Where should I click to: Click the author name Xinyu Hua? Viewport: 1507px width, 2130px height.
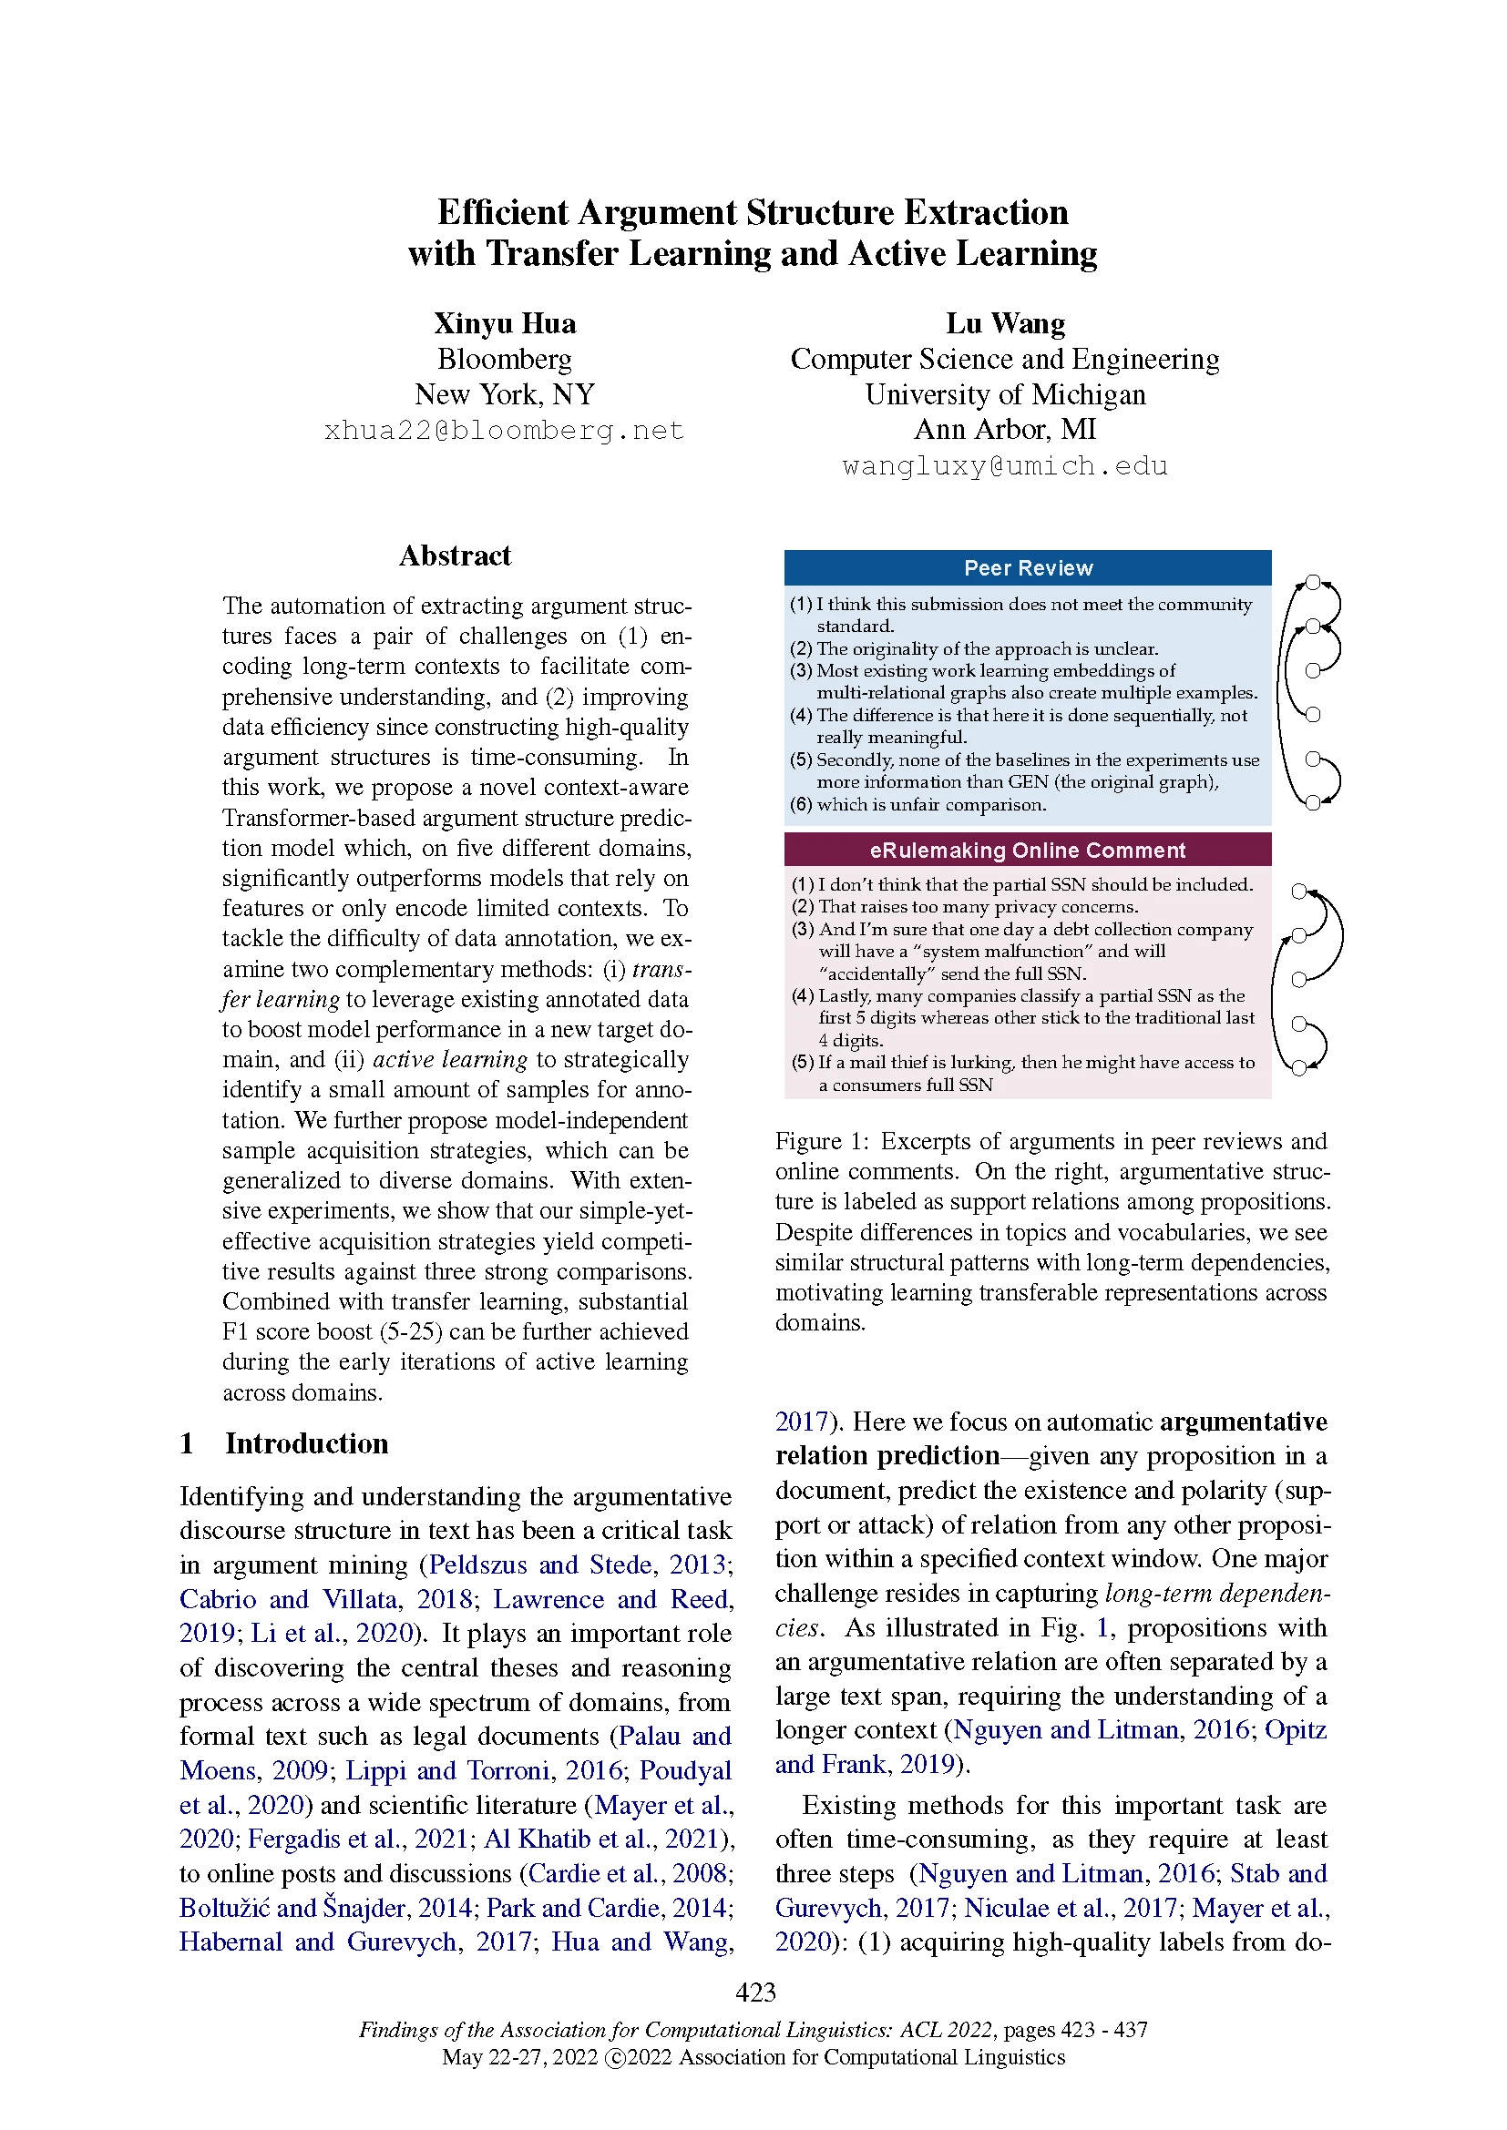pyautogui.click(x=505, y=324)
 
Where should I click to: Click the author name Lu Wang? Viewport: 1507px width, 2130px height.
pyautogui.click(x=1005, y=324)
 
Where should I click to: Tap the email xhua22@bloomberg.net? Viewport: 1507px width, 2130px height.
pyautogui.click(x=504, y=431)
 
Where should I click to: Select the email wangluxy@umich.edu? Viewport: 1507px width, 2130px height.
pyautogui.click(x=1005, y=465)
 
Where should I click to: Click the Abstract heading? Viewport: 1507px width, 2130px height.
pyautogui.click(x=455, y=555)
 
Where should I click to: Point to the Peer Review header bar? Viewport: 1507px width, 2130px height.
pyautogui.click(x=1027, y=567)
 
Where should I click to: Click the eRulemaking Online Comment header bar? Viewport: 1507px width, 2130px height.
pyautogui.click(x=1027, y=850)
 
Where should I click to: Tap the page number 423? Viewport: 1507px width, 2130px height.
pyautogui.click(x=754, y=1992)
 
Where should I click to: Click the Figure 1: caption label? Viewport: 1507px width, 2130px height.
pyautogui.click(x=808, y=1141)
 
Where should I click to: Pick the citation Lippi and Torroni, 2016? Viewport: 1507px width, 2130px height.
pyautogui.click(x=484, y=1770)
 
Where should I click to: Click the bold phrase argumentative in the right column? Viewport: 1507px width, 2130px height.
pyautogui.click(x=1244, y=1422)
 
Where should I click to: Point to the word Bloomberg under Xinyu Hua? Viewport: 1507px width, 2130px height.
pyautogui.click(x=504, y=359)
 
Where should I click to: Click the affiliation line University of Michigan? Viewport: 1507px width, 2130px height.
pyautogui.click(x=1005, y=394)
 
